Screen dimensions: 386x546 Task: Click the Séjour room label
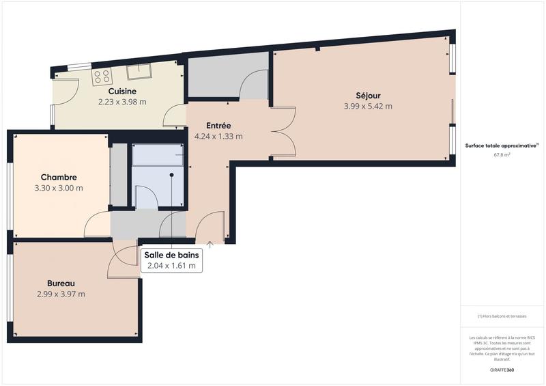coord(368,95)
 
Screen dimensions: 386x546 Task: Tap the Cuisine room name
coord(122,91)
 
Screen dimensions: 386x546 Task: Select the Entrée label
coord(218,125)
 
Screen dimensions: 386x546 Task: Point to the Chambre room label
coord(59,177)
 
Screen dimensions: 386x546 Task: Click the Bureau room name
coord(61,284)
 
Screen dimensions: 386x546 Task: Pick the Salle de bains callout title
coord(171,255)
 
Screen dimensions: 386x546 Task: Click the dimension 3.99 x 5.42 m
coord(368,106)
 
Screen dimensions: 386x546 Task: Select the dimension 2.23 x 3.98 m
coord(122,102)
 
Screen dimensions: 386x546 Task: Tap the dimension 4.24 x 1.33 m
coord(218,136)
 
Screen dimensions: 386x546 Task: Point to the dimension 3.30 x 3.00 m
coord(59,188)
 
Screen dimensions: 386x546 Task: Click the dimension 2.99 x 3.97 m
coord(61,294)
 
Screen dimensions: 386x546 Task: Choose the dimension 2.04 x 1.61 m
coord(171,266)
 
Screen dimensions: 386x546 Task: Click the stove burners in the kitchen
coord(102,75)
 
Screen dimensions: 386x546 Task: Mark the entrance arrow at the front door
coord(210,242)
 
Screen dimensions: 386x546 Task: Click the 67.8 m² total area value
coord(502,155)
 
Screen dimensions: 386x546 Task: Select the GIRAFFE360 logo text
coord(502,370)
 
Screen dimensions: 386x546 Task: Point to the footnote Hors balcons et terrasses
coord(502,317)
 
